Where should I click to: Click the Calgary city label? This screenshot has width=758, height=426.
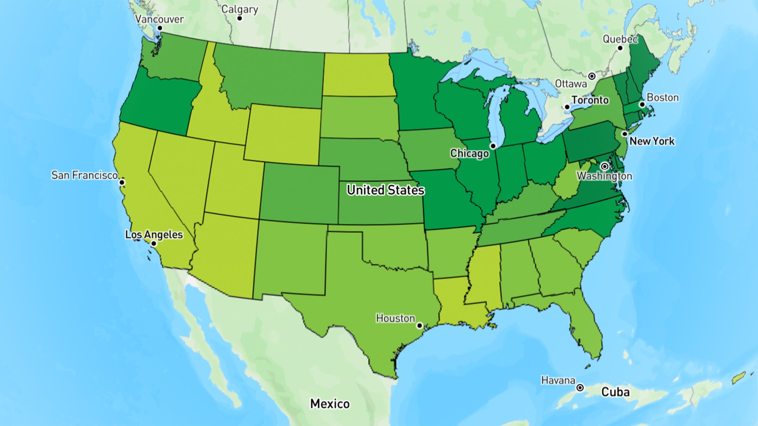click(239, 9)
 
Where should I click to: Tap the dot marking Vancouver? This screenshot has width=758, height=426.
click(160, 28)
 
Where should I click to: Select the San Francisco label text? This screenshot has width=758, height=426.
click(84, 175)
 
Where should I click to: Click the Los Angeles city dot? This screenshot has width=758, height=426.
click(154, 244)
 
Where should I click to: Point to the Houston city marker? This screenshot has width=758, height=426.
click(419, 325)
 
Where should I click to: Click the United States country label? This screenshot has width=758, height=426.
click(385, 190)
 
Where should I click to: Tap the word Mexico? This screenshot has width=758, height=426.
click(330, 404)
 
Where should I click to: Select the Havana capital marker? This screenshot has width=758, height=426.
click(580, 388)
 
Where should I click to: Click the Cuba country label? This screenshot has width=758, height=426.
click(615, 392)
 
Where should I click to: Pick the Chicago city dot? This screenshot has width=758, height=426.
click(493, 146)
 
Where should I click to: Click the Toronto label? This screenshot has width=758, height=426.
click(590, 100)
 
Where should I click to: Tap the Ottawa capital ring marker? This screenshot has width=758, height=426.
click(592, 76)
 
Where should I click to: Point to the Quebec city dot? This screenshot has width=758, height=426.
click(620, 48)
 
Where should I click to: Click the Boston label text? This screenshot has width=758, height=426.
click(663, 98)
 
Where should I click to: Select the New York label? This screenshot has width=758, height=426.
click(652, 141)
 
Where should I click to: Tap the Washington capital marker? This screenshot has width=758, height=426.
click(605, 166)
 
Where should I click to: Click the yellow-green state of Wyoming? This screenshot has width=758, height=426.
click(283, 134)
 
